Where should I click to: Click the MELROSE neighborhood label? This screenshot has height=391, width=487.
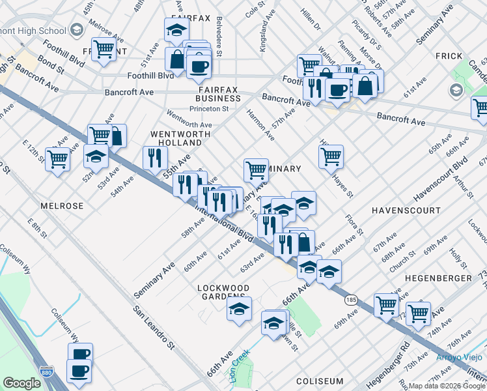tap(62, 206)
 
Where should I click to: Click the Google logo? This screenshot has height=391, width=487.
tap(21, 383)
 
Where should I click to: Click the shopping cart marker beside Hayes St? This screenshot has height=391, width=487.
tap(331, 156)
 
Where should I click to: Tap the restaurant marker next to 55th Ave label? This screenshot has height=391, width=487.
tap(155, 157)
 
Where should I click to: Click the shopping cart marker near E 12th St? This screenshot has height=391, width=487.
tap(57, 158)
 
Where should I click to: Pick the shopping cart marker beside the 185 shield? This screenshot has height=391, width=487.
tap(386, 304)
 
